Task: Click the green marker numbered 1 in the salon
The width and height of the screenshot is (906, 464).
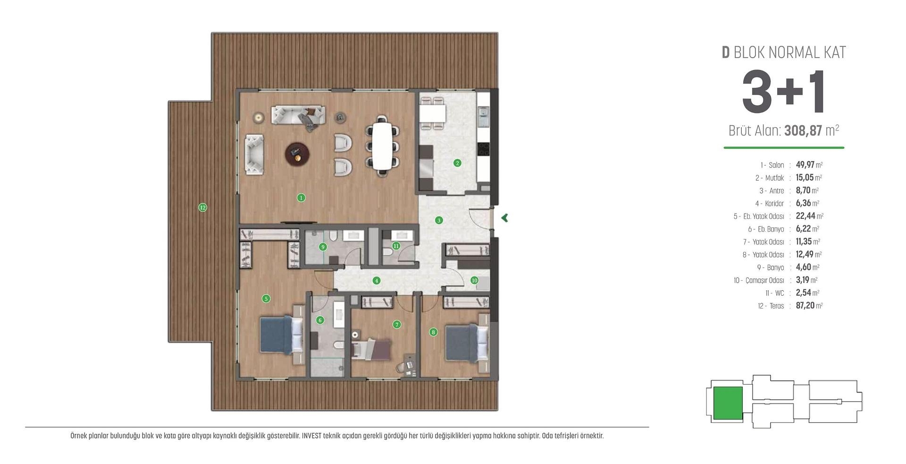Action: tap(301, 198)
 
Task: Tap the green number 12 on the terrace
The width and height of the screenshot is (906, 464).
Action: tap(202, 207)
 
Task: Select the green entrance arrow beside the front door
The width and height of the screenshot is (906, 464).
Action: tap(504, 218)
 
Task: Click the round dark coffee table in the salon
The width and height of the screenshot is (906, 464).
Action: tap(297, 153)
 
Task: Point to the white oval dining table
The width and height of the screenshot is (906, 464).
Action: tap(382, 146)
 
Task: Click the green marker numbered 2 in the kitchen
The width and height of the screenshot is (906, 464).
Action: tap(457, 163)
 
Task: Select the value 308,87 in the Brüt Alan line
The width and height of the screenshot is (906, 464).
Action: tap(803, 131)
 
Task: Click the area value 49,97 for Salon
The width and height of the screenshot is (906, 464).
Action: tap(805, 165)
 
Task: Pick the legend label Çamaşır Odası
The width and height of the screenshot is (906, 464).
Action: tap(764, 281)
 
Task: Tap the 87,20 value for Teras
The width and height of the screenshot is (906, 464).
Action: tap(805, 306)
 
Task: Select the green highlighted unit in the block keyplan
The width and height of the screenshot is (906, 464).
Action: tap(727, 403)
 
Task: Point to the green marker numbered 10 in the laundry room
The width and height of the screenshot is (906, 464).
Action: tap(474, 280)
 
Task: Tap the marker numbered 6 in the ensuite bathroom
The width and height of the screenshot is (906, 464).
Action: tap(320, 320)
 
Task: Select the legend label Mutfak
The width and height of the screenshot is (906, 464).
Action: tap(774, 178)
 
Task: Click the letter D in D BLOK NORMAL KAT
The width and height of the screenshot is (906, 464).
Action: tap(726, 52)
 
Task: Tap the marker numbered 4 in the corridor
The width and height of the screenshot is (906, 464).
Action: tap(376, 281)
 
